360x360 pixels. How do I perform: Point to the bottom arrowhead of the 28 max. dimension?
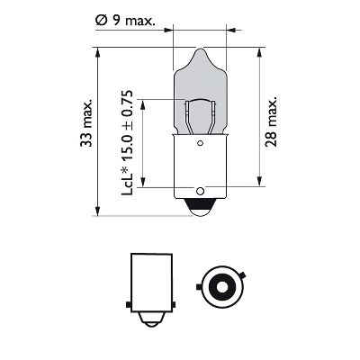[x=261, y=186]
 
